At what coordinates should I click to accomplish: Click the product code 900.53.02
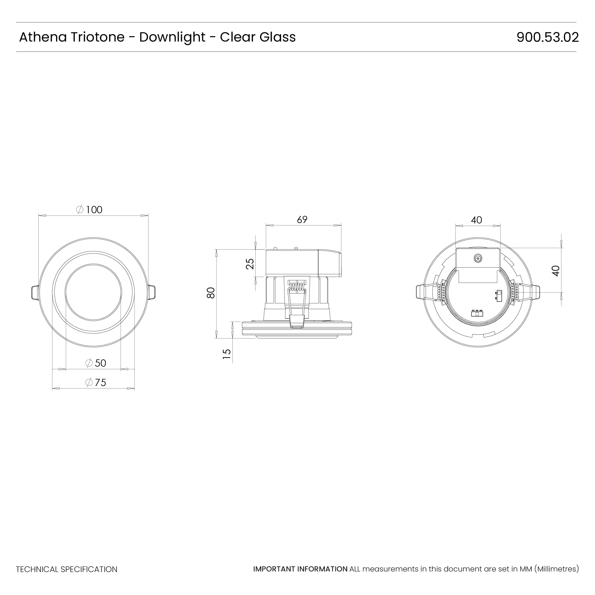coord(547,37)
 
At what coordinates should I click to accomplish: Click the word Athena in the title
coord(43,37)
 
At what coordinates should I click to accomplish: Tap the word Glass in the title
coord(277,37)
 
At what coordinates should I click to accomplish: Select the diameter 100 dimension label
coord(89,210)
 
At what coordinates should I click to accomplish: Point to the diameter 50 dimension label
coord(96,363)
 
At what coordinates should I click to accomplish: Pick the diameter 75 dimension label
coord(96,383)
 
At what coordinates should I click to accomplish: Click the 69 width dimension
coord(302,220)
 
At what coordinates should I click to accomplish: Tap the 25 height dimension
coord(250,264)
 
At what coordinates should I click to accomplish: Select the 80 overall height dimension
coord(211,293)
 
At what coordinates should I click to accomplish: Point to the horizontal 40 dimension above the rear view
coord(476,220)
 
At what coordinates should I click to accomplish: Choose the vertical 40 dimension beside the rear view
coord(555,271)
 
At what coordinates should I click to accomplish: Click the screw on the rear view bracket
coord(478,259)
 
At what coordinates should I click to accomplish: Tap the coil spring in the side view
coord(297,287)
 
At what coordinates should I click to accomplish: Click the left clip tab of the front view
coord(35,292)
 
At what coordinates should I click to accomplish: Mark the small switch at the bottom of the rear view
coord(477,314)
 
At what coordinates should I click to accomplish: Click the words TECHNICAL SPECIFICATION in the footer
coord(67,569)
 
